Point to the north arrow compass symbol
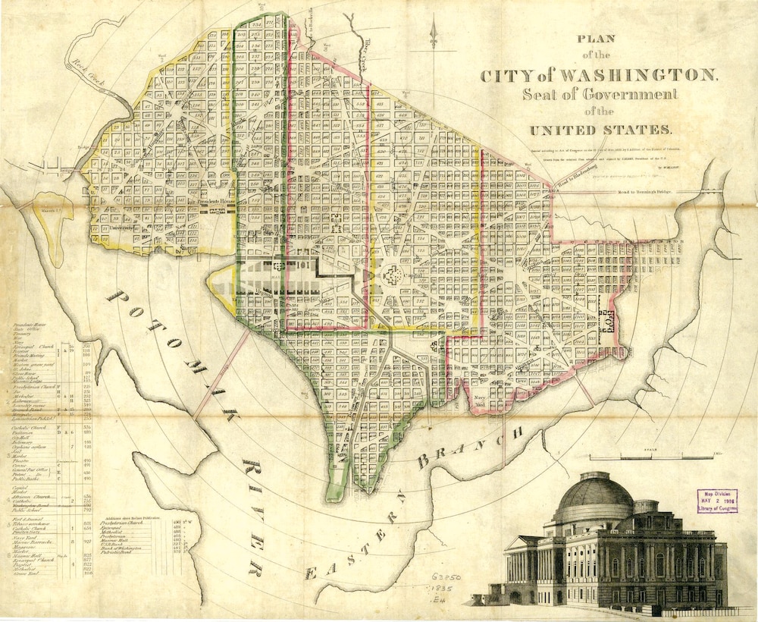tap(434, 34)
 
